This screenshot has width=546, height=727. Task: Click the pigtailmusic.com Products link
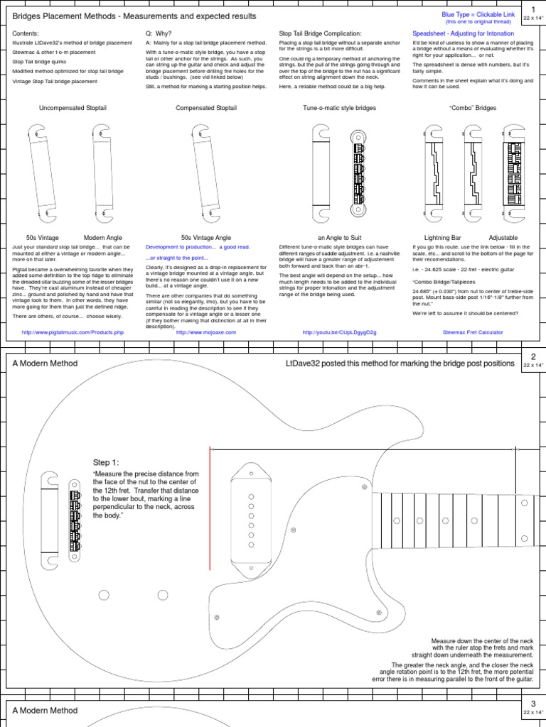[x=73, y=332]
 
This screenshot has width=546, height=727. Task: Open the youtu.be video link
[x=339, y=332]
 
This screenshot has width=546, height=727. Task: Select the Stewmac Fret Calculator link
[x=473, y=332]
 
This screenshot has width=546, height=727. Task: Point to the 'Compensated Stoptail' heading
[x=206, y=108]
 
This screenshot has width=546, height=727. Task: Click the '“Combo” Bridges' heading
[x=473, y=108]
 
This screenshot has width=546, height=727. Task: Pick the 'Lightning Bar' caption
[x=442, y=237]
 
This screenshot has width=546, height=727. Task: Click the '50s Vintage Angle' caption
[x=206, y=237]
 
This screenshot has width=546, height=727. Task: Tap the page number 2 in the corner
[x=532, y=356]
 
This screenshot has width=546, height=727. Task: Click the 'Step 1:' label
[x=107, y=461]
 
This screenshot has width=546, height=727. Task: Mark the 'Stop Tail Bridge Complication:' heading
[x=321, y=33]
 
